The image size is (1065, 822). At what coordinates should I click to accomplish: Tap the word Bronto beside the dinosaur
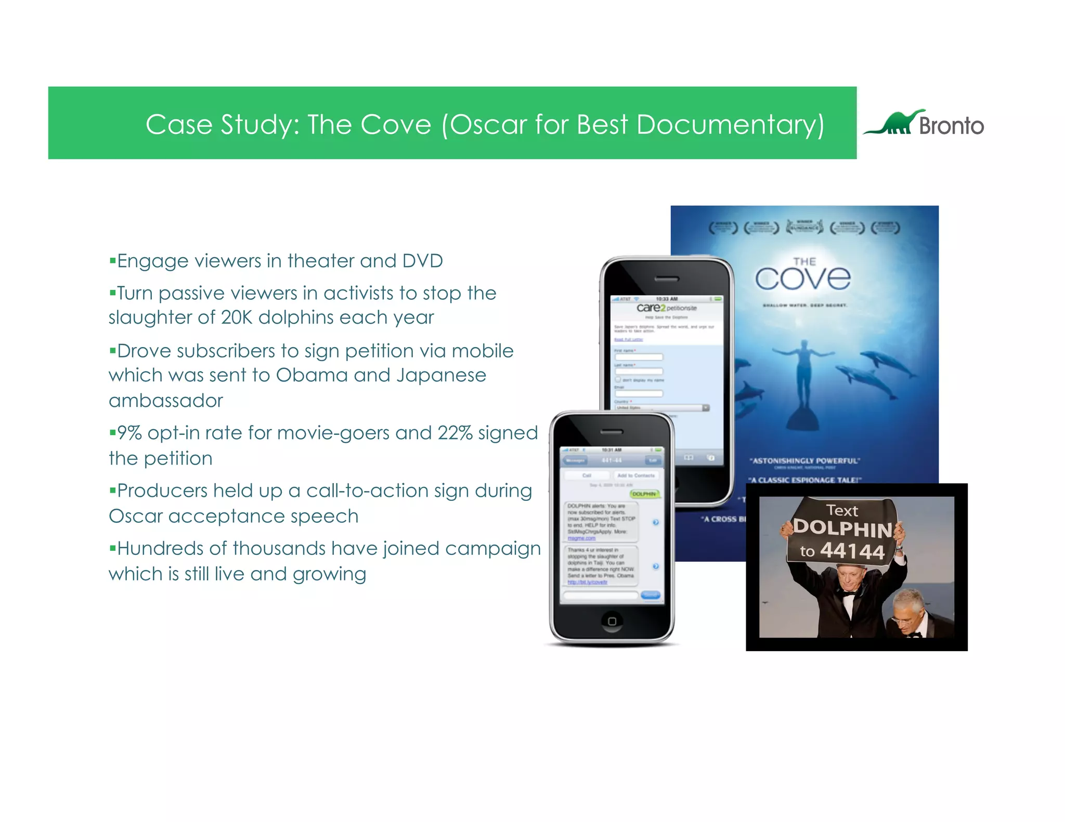click(951, 126)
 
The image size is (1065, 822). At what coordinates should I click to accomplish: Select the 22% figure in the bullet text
click(455, 433)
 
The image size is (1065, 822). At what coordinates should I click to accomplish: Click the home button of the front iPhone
click(612, 621)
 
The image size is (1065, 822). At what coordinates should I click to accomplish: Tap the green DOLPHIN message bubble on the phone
click(645, 494)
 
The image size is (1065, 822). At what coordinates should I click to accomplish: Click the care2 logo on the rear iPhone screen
click(651, 308)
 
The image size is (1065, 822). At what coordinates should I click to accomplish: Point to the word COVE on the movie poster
click(803, 279)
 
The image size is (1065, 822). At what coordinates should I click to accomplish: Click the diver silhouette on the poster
click(804, 379)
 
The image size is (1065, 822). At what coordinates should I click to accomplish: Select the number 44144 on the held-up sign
click(853, 551)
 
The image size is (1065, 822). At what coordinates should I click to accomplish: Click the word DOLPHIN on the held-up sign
click(843, 528)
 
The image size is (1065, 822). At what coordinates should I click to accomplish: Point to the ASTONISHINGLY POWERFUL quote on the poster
click(804, 461)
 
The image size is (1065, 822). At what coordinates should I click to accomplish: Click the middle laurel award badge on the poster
click(804, 227)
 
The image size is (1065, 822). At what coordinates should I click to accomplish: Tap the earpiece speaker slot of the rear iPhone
click(667, 279)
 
